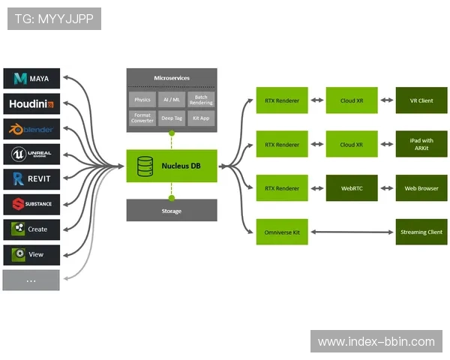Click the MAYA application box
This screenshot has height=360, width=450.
click(x=31, y=78)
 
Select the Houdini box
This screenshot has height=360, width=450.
click(x=31, y=103)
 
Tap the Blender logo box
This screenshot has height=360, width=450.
click(x=31, y=129)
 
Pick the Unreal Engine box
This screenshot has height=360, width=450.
click(x=31, y=154)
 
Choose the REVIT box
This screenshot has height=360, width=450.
click(x=31, y=179)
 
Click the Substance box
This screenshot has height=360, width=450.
click(x=31, y=204)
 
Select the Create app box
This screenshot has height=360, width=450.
click(x=31, y=229)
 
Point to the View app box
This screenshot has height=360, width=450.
click(x=31, y=255)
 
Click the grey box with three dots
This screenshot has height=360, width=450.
click(x=31, y=280)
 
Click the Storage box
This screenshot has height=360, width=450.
click(x=172, y=211)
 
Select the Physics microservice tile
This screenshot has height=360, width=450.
click(x=142, y=99)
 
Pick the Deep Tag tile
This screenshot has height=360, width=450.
click(x=172, y=118)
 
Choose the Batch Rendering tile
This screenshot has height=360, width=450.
click(x=201, y=99)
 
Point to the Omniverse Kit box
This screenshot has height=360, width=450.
click(x=282, y=232)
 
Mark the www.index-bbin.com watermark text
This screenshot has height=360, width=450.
click(x=376, y=342)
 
